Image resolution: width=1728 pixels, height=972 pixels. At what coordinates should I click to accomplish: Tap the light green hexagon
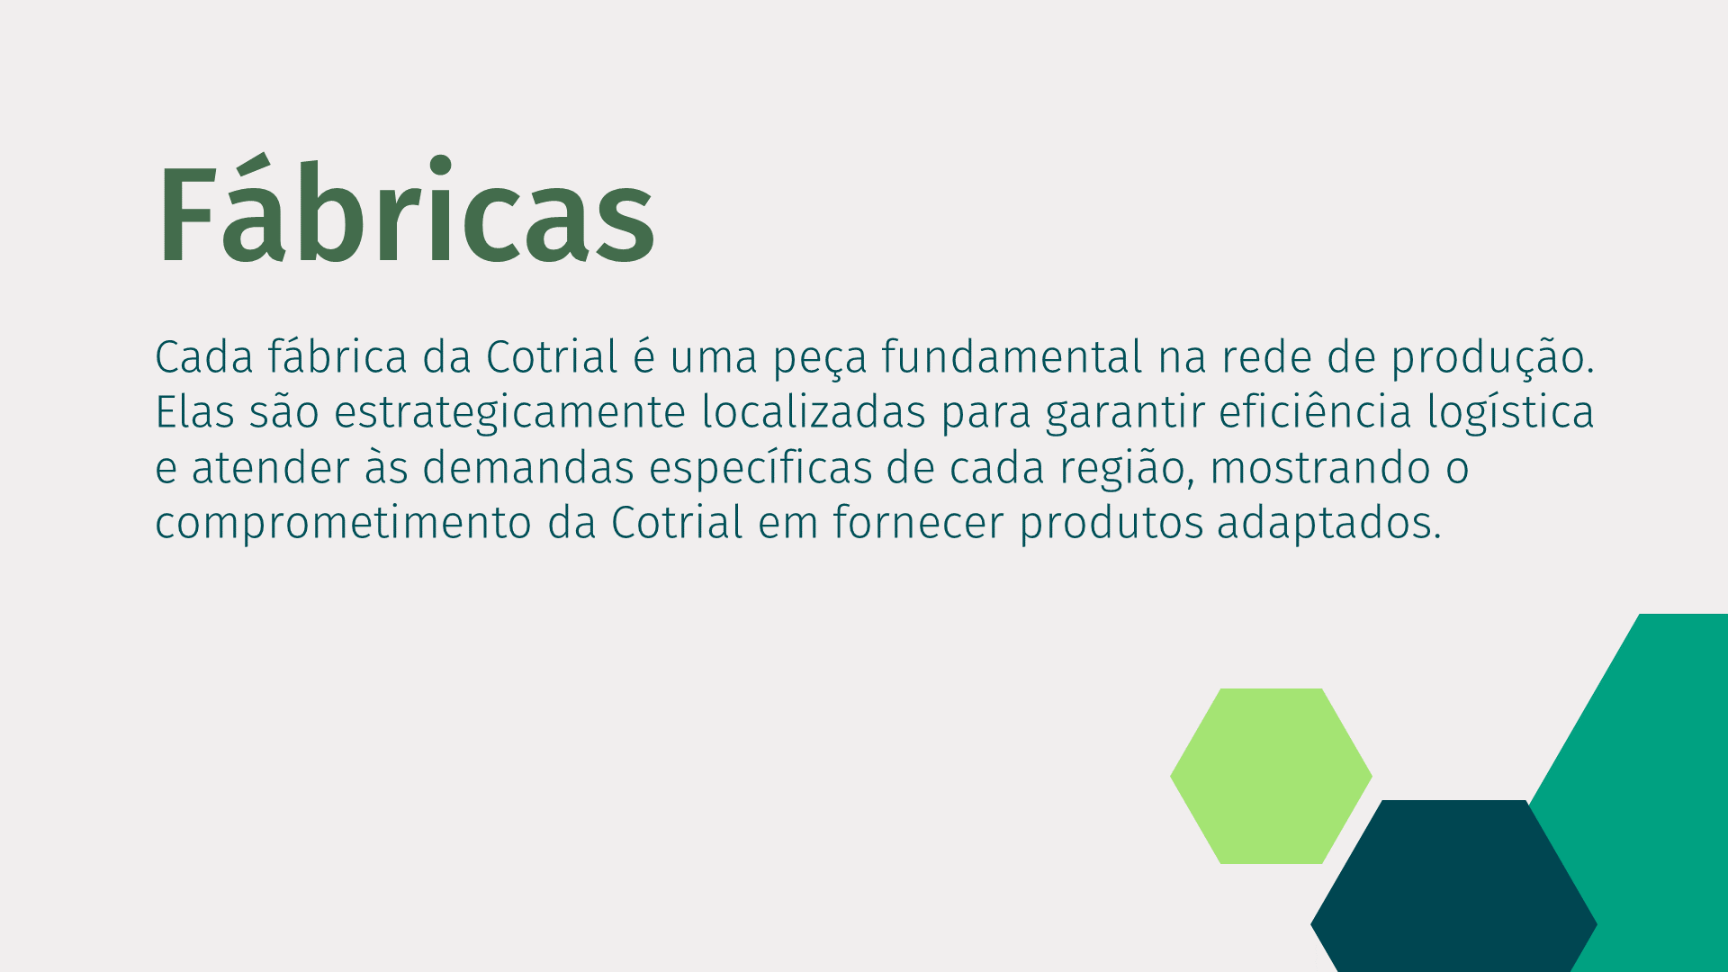point(1271,776)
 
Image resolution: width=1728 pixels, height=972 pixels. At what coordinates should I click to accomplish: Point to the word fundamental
point(1012,356)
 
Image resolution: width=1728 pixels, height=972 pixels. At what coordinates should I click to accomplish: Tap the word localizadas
point(814,412)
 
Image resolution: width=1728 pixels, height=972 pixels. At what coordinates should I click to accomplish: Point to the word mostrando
point(1320,468)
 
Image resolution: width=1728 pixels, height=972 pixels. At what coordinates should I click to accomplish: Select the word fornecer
point(918,522)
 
